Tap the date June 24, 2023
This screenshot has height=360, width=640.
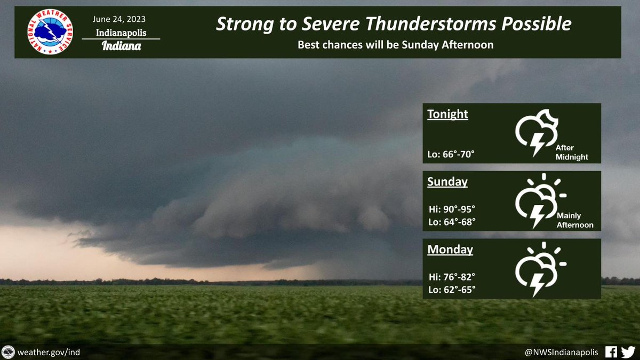[x=119, y=19]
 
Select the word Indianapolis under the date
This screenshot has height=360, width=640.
[x=121, y=33]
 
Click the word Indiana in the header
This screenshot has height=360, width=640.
[x=121, y=46]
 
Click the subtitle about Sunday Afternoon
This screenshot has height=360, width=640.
[x=395, y=45]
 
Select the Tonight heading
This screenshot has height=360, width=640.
[x=447, y=114]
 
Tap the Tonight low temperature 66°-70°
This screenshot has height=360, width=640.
[x=451, y=154]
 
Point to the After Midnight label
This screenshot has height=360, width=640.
[x=571, y=153]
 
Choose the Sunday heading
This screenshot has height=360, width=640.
[x=447, y=182]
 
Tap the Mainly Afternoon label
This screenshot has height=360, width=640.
[x=575, y=220]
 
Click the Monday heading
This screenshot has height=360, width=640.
[x=450, y=250]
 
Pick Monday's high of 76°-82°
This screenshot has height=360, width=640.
[x=452, y=277]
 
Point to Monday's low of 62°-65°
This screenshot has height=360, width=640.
[x=452, y=290]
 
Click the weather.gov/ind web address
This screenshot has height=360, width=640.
[x=49, y=352]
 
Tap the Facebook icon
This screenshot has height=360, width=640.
[x=611, y=352]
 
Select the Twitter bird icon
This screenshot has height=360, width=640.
[x=628, y=352]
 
